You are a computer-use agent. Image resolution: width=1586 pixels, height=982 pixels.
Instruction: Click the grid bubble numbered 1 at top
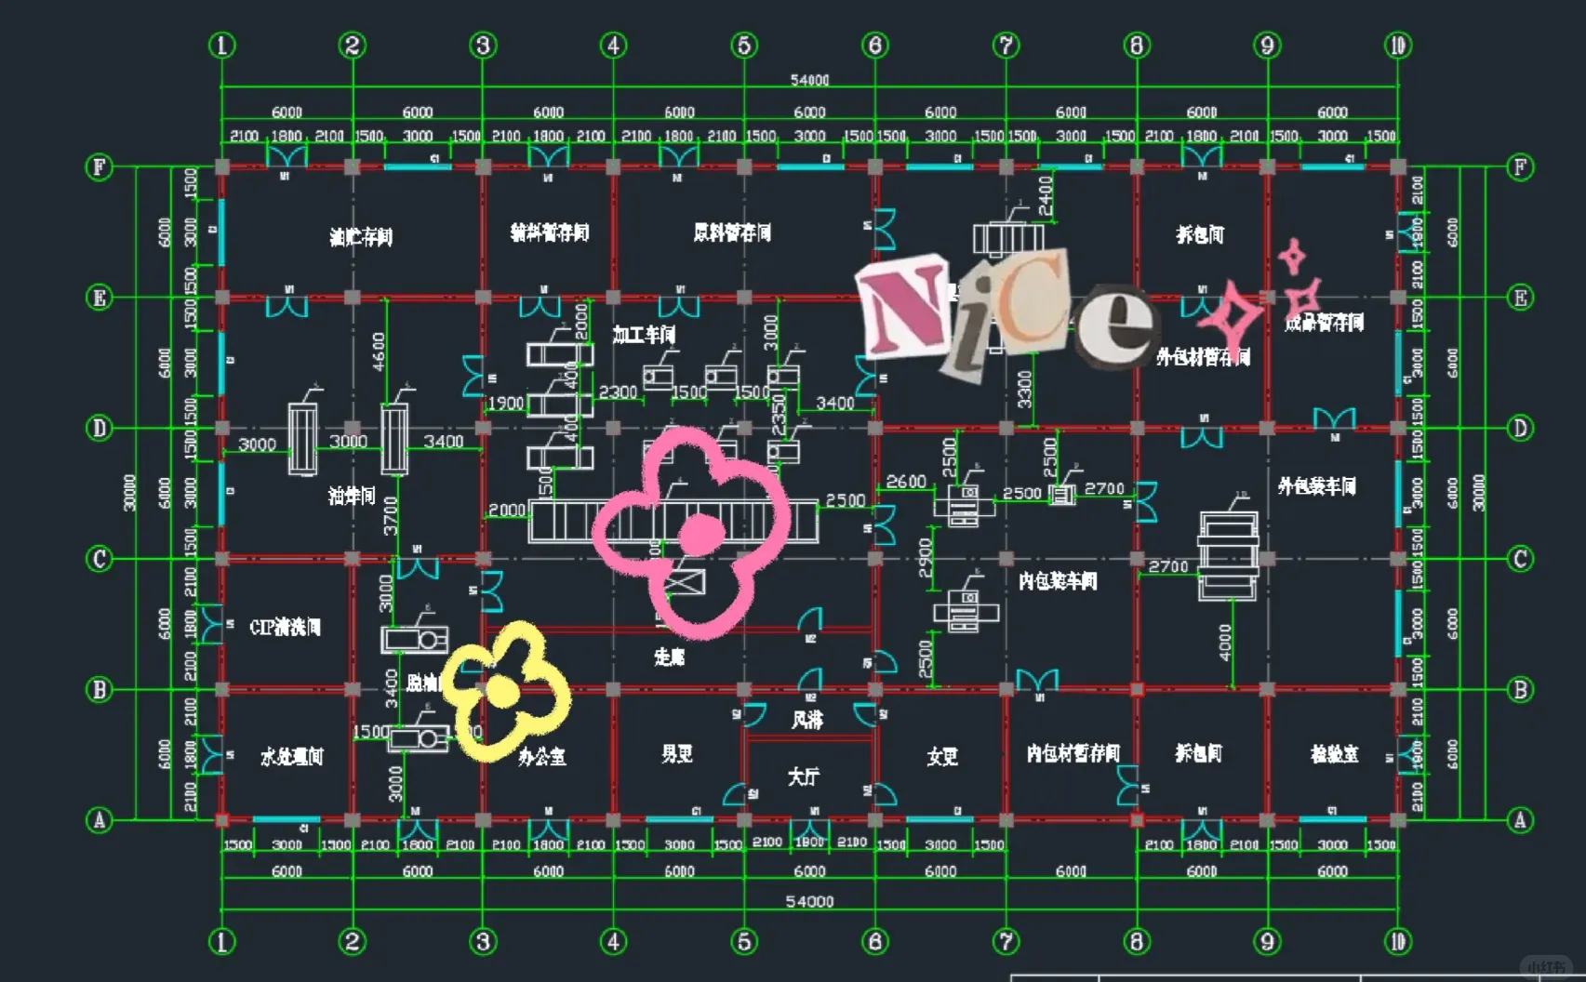[221, 45]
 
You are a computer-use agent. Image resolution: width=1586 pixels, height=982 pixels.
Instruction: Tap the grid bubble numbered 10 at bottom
[1397, 942]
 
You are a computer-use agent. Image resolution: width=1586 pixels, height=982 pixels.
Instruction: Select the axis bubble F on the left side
[99, 167]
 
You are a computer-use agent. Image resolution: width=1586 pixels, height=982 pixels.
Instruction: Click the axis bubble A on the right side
[1520, 820]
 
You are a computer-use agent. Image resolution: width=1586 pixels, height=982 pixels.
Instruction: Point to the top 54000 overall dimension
[809, 80]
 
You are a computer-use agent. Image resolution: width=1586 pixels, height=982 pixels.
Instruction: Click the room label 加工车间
[644, 335]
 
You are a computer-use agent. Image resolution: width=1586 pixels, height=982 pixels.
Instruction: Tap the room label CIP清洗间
[285, 627]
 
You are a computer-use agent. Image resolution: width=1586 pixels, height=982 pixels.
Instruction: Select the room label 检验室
[1334, 754]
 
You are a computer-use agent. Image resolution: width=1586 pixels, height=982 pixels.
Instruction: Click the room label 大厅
[804, 776]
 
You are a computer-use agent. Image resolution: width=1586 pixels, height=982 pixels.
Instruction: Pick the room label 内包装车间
[1058, 581]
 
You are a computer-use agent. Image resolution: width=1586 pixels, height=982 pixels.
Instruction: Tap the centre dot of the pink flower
[700, 534]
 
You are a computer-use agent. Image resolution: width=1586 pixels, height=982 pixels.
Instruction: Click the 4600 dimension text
[379, 352]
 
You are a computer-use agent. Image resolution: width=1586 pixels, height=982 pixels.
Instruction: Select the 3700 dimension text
[391, 515]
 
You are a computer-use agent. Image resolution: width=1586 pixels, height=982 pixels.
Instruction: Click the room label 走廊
[669, 657]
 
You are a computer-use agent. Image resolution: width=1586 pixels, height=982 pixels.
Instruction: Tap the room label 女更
[941, 757]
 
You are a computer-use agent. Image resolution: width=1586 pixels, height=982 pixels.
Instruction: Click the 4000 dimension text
[1224, 642]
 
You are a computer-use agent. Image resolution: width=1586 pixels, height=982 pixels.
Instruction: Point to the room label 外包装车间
[1316, 486]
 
